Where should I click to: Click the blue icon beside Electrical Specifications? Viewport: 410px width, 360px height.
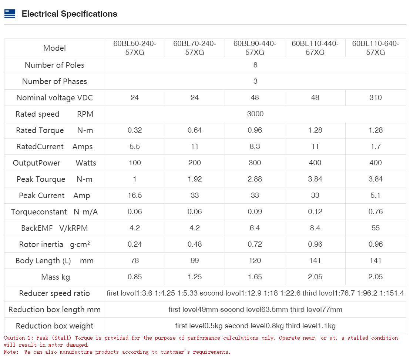tap(10, 14)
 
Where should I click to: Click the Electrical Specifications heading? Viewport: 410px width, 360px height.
tap(69, 14)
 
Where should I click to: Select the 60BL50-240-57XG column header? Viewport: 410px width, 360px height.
tap(135, 48)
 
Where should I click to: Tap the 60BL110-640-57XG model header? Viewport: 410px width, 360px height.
tap(375, 48)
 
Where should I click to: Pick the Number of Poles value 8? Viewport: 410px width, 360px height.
tap(255, 65)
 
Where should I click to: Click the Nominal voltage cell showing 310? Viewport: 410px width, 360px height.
tap(375, 98)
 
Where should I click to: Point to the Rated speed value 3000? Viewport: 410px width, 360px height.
tap(255, 114)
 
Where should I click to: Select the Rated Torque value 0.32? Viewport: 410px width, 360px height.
tap(135, 130)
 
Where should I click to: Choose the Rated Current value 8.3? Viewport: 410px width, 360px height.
tap(255, 147)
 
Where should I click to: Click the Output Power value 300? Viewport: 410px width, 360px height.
tap(255, 163)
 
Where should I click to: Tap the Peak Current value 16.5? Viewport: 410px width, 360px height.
tap(135, 196)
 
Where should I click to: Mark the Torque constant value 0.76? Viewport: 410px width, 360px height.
tap(375, 212)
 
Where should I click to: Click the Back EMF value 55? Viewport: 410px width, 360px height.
tap(375, 228)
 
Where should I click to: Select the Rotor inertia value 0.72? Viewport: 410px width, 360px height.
tap(255, 244)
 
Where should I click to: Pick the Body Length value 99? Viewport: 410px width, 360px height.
tap(195, 261)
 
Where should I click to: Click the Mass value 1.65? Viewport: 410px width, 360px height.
tap(255, 277)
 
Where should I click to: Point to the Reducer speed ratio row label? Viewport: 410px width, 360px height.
tap(54, 294)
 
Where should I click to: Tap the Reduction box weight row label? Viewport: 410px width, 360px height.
tap(54, 326)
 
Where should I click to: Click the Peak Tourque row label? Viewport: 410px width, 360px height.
tap(54, 179)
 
